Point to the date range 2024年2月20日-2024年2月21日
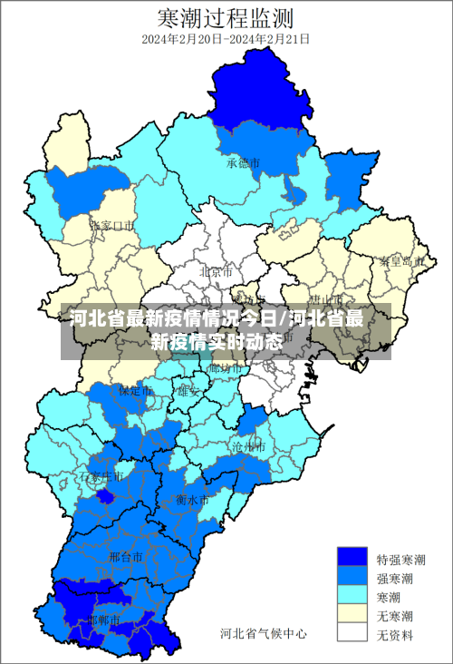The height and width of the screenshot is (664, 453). tap(226, 39)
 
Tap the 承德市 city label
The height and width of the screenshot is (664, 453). tap(244, 163)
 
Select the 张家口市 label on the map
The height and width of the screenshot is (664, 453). tap(112, 225)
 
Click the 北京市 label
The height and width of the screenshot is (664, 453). tap(216, 271)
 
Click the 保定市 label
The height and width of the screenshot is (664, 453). tap(137, 391)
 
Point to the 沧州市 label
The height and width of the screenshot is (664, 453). tap(247, 447)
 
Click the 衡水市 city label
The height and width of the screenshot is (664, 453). tap(192, 500)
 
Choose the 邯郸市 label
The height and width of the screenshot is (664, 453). tap(105, 620)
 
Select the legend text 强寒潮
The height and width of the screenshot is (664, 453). tap(396, 578)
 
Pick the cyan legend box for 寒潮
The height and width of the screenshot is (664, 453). tap(352, 596)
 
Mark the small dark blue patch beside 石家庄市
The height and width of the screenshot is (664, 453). tap(106, 495)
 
